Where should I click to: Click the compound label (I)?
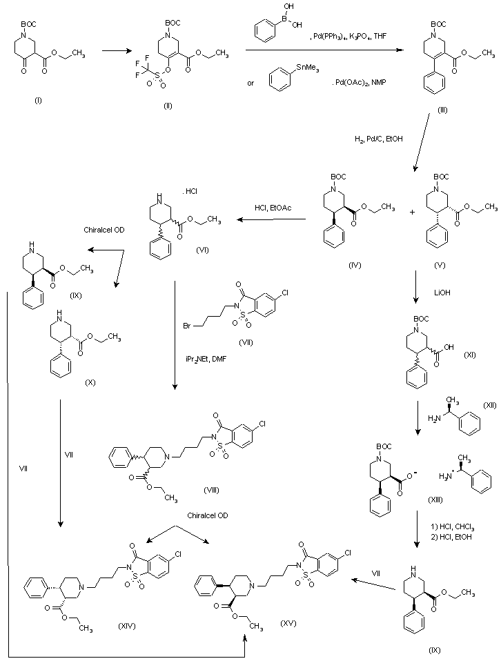click(38, 101)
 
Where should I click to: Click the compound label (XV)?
click(289, 623)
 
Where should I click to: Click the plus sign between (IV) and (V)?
click(413, 213)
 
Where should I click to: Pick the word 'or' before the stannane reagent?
click(251, 83)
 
